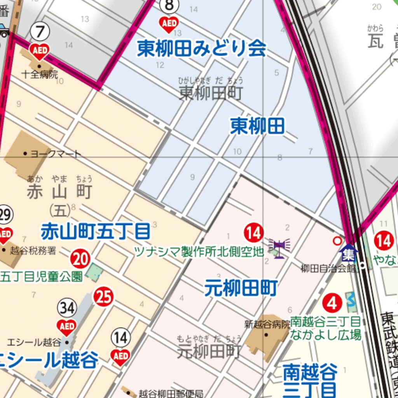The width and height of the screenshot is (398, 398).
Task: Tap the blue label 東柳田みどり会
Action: pyautogui.click(x=201, y=49)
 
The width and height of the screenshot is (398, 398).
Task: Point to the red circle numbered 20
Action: pyautogui.click(x=80, y=259)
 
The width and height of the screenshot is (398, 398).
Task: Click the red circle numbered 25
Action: pyautogui.click(x=103, y=297)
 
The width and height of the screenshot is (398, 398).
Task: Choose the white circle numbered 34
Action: pyautogui.click(x=67, y=309)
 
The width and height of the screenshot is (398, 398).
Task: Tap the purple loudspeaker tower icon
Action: pyautogui.click(x=279, y=248)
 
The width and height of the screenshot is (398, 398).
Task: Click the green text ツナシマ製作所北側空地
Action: pyautogui.click(x=199, y=252)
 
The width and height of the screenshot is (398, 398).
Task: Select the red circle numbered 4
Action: pyautogui.click(x=332, y=303)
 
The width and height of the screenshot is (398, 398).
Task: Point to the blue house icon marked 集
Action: pyautogui.click(x=348, y=253)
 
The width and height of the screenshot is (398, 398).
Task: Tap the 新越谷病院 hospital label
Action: pyautogui.click(x=267, y=324)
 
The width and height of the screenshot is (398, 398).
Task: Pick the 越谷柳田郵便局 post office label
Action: pyautogui.click(x=171, y=393)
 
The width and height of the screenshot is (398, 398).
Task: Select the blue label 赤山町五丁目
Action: pyautogui.click(x=95, y=232)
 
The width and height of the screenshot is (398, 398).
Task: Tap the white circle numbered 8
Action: pyautogui.click(x=169, y=6)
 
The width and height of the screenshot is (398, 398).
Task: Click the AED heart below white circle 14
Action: pyautogui.click(x=120, y=356)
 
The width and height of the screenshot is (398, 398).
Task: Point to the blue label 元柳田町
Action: pyautogui.click(x=241, y=288)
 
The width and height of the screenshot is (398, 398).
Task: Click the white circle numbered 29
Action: pyautogui.click(x=5, y=215)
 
